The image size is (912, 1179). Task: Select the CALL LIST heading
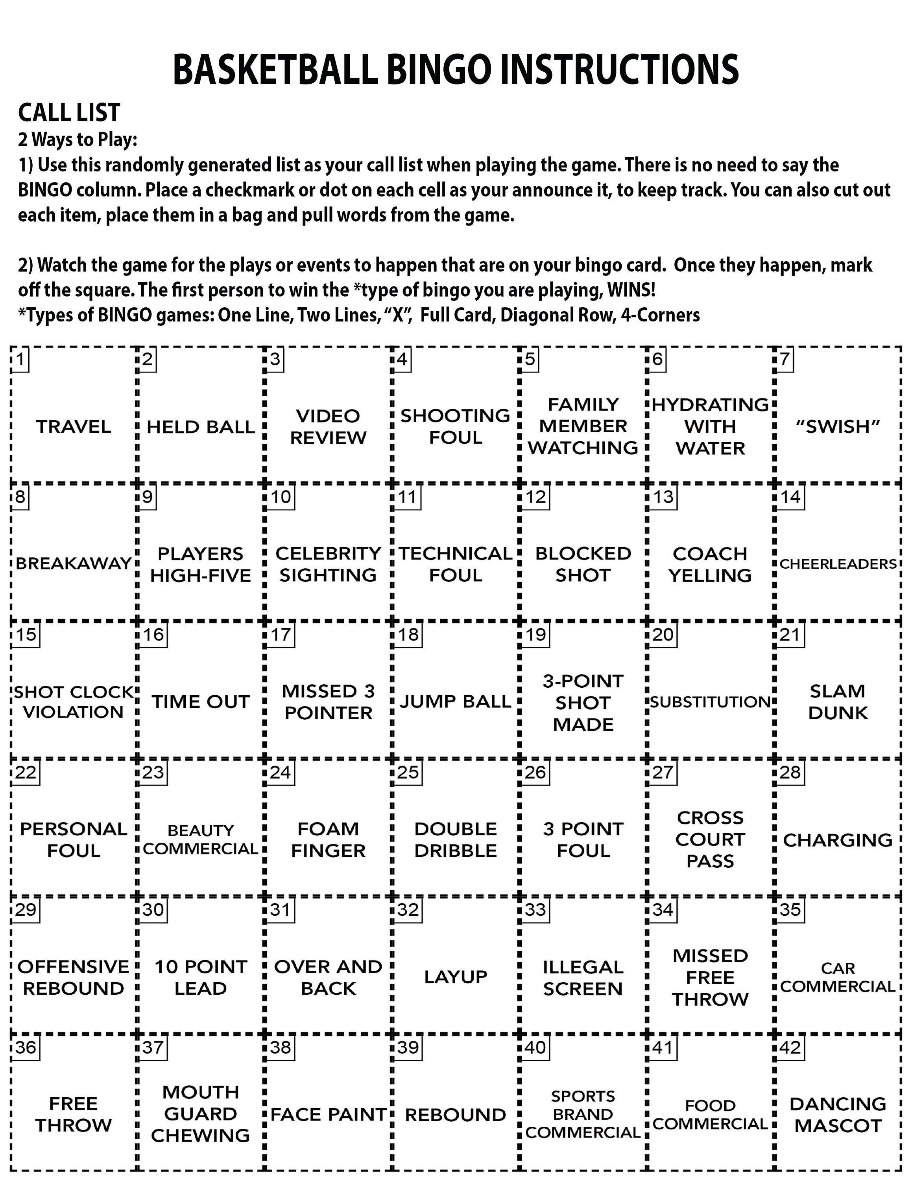point(69,112)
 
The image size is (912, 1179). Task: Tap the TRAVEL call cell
point(74,426)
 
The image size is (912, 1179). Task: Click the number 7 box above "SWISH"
point(785,359)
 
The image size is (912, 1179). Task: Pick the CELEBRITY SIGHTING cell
point(328,564)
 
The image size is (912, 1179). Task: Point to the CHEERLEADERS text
point(838,564)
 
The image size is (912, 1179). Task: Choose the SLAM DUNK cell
point(838,702)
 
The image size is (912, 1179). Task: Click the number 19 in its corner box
point(535,634)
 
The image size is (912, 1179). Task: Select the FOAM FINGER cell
point(328,839)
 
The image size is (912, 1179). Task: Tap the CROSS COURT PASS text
point(711,839)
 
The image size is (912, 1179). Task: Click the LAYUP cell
point(456,977)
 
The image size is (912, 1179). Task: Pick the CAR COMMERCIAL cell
point(838,977)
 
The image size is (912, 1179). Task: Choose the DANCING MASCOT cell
point(838,1115)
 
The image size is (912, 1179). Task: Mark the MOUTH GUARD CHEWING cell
point(200,1114)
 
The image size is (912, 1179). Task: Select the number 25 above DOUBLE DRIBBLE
point(408,772)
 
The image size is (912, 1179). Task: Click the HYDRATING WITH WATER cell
point(711,426)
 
